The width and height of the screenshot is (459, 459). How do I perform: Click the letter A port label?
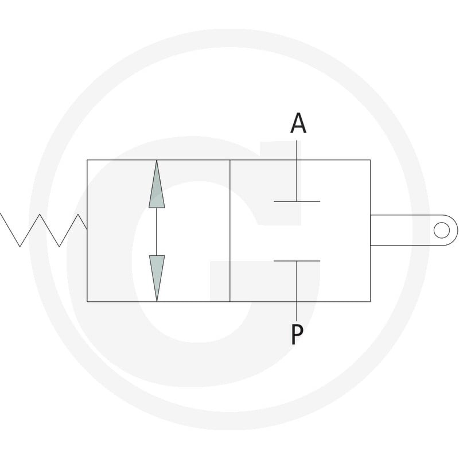298,123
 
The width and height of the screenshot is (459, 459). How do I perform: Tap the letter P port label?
297,334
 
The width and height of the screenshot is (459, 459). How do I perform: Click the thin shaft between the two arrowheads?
157,232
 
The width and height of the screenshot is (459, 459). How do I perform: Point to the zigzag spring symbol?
44,230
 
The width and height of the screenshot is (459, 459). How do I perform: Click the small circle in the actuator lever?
441,230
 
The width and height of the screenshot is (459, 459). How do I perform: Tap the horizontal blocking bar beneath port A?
297,201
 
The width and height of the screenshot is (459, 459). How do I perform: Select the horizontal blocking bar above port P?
297,261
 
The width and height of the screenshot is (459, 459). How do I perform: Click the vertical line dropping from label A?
297,170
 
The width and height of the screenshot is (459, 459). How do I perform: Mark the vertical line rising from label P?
297,291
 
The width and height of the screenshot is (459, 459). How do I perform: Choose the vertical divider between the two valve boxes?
230,231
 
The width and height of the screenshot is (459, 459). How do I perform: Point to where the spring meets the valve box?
87,229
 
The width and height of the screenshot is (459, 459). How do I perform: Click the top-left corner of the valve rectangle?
87,160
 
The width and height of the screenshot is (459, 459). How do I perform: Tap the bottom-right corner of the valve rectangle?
370,302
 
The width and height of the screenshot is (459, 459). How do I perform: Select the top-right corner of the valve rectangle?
370,160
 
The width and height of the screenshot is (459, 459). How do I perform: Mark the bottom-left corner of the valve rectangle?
87,302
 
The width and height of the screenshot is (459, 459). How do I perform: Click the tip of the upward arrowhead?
157,161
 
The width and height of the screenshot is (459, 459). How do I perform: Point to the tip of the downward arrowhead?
157,301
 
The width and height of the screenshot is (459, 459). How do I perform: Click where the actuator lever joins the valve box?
370,230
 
